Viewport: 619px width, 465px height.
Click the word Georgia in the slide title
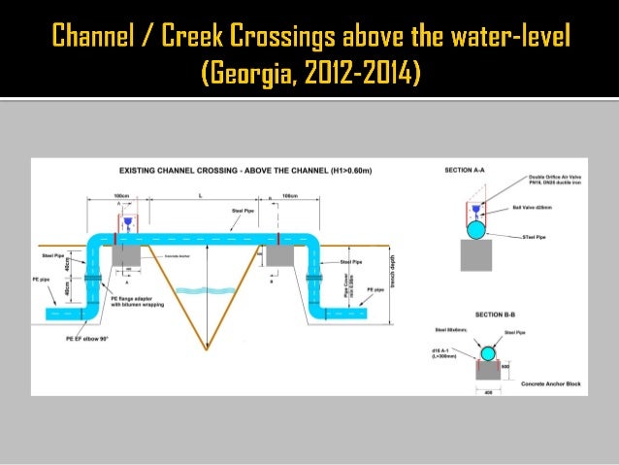pos(254,73)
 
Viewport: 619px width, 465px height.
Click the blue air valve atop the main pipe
pos(128,222)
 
